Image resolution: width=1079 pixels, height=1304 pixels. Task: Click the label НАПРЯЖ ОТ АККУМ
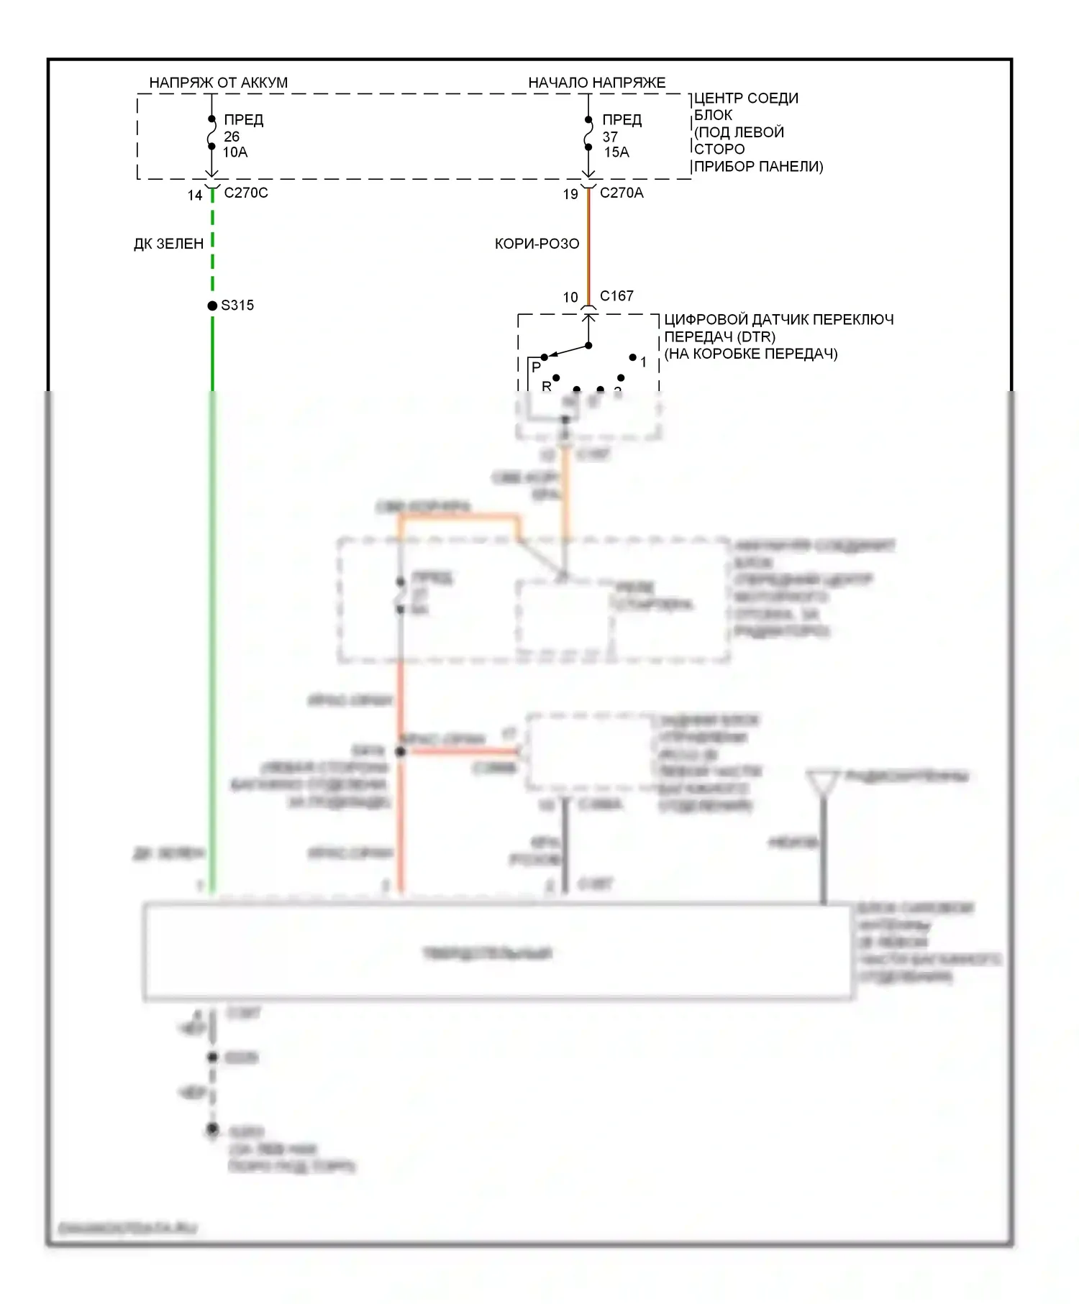(218, 83)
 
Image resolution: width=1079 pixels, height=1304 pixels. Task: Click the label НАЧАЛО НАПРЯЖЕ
(596, 83)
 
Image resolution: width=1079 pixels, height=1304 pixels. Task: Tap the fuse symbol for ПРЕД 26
(211, 133)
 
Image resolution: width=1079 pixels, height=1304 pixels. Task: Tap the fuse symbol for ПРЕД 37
(588, 134)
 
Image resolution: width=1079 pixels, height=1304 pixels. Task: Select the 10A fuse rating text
(235, 152)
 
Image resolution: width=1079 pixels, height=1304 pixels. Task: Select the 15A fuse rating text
(616, 152)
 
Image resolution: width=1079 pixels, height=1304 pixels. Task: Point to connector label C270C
(246, 193)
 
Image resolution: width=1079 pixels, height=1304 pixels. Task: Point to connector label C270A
(622, 193)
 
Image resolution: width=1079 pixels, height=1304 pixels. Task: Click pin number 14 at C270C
(195, 196)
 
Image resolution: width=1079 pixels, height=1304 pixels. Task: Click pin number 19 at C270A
(570, 194)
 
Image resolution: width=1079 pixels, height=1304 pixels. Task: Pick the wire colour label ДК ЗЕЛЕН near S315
(169, 244)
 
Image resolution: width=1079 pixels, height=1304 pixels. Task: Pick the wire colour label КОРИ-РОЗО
(537, 244)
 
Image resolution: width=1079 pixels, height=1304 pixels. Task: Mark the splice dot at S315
(212, 306)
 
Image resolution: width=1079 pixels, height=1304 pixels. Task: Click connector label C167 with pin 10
(616, 296)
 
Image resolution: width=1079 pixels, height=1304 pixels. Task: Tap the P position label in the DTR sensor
(536, 367)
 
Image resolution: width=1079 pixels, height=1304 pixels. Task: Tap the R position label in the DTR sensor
(547, 386)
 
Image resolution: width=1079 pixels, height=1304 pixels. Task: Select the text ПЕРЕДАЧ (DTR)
(719, 336)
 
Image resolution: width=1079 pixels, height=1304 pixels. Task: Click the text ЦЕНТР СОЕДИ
(746, 98)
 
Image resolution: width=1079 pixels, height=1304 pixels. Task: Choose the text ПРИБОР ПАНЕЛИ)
(759, 167)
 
